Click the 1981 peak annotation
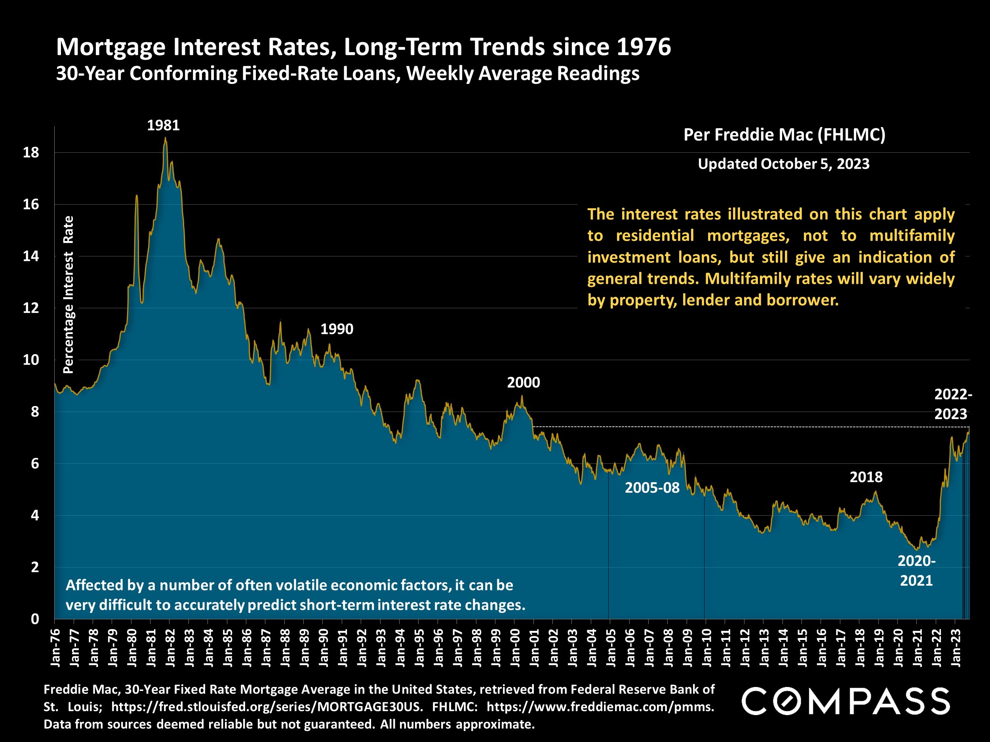click(164, 125)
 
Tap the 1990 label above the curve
click(337, 329)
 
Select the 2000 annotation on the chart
click(523, 382)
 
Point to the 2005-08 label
click(652, 488)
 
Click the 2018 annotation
click(866, 477)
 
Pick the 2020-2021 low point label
click(916, 571)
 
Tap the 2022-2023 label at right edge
click(953, 404)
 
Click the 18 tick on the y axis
click(31, 152)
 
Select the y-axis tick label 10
click(31, 360)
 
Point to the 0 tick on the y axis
click(35, 619)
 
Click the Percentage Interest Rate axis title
click(68, 294)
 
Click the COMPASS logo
click(845, 701)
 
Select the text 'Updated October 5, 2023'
click(783, 164)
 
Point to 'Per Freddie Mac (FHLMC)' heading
click(784, 135)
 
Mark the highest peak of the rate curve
click(165, 138)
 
